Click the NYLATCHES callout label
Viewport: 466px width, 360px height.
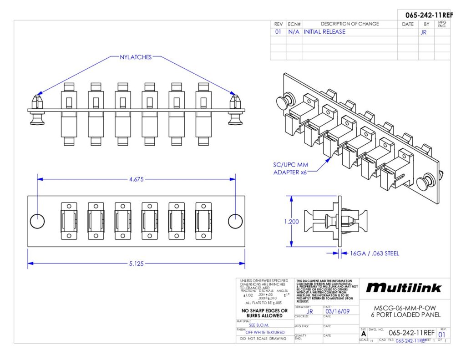136,57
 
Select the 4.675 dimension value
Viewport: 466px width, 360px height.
136,179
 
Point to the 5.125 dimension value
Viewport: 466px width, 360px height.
136,263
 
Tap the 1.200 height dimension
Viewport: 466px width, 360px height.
292,222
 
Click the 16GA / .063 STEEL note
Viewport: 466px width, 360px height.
375,254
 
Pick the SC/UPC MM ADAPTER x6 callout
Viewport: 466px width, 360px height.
291,169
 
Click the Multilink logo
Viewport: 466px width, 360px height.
404,288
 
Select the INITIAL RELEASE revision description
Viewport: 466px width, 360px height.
324,32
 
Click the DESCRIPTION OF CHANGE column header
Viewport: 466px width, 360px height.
349,24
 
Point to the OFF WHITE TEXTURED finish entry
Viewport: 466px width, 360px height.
265,332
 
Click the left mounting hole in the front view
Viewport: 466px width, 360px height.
37,221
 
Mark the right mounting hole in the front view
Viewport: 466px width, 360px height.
235,221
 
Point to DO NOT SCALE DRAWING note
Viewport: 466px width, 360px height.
263,339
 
